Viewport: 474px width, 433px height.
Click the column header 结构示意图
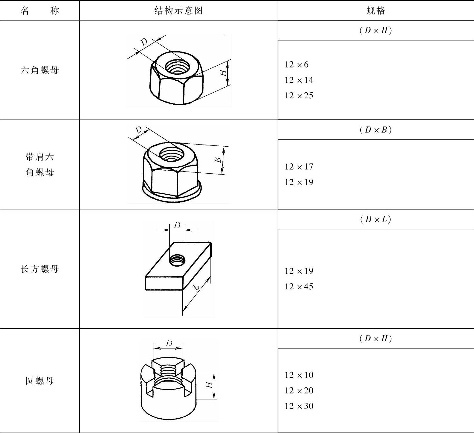point(179,11)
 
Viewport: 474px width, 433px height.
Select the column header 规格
point(376,11)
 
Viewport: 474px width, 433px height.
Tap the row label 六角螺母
point(40,70)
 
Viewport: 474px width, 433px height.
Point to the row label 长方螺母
point(40,269)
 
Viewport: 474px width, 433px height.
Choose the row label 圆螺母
point(40,381)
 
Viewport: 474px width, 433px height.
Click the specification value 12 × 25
point(299,96)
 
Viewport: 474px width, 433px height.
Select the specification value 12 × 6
point(296,64)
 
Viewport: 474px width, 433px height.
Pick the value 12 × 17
point(299,167)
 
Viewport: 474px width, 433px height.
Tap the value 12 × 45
point(299,287)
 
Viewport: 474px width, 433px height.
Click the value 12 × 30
point(299,406)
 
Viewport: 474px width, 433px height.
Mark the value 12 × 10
point(299,375)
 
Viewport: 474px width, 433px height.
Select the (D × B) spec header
point(376,130)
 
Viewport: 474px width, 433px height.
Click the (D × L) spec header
point(376,219)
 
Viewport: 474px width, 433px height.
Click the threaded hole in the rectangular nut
point(177,260)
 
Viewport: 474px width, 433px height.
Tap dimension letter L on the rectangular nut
point(197,288)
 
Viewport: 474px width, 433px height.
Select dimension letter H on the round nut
point(209,384)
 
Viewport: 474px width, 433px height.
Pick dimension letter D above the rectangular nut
point(177,225)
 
